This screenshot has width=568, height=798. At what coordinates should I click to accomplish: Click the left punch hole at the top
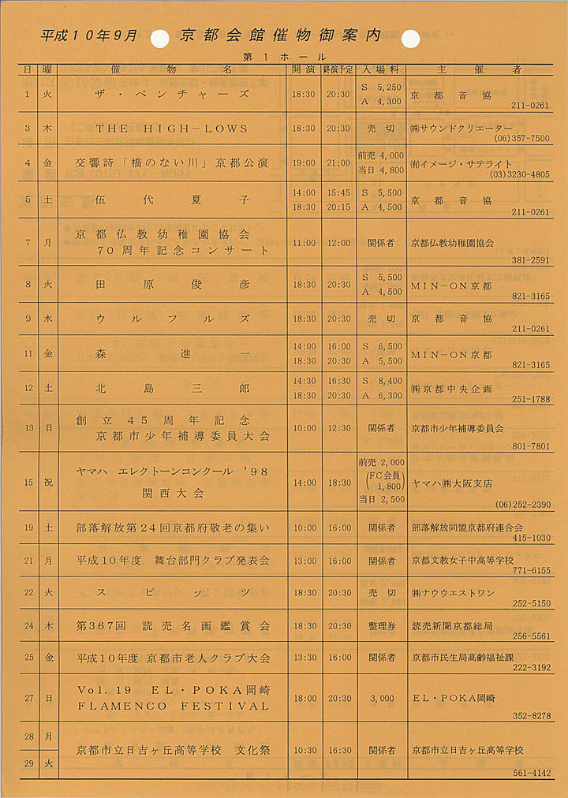159,37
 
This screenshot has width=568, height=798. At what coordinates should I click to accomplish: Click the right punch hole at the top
411,37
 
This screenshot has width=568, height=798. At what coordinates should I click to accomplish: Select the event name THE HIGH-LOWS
172,129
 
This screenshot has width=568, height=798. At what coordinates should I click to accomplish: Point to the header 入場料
381,69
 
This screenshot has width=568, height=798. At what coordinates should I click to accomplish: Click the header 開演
304,69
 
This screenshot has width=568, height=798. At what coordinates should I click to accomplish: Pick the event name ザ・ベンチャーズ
172,94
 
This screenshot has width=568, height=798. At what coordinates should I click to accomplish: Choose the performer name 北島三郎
172,389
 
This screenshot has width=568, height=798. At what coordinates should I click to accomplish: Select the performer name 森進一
172,352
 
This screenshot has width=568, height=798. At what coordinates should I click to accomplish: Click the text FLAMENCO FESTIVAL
173,706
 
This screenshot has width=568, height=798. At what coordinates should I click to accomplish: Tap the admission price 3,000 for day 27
381,698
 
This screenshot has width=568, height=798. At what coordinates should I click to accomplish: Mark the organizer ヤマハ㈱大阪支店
451,483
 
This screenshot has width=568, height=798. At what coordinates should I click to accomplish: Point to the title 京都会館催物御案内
280,35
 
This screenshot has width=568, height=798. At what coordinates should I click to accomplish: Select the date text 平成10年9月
89,36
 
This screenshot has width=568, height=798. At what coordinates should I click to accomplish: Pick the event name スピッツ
172,592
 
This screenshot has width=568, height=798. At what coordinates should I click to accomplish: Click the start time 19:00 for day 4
304,163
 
